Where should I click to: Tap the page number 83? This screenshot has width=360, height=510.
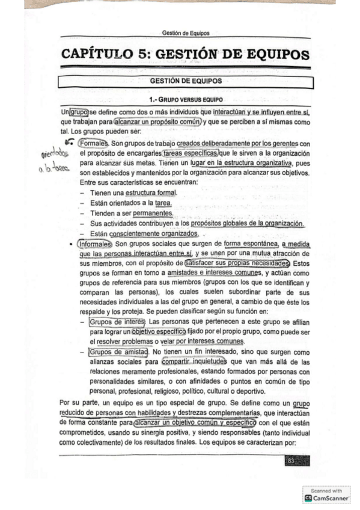pos(291,461)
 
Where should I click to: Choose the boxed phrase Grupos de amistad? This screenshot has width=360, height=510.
pos(118,351)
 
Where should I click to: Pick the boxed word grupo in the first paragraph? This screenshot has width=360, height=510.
pos(79,112)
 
